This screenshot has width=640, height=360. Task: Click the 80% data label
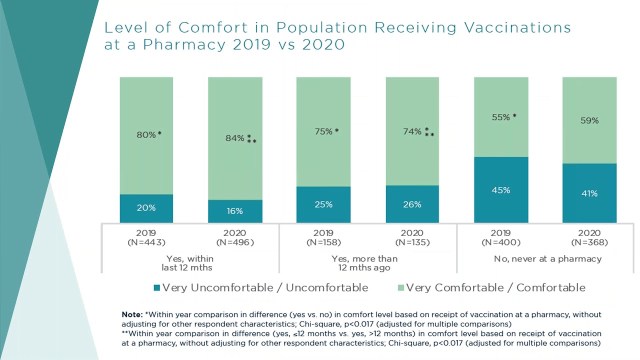pos(146,134)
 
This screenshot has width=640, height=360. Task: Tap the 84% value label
pos(235,138)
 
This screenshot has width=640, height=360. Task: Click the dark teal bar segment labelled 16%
pos(235,211)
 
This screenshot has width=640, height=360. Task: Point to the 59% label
pos(589,120)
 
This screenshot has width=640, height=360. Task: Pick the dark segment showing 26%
pos(412,204)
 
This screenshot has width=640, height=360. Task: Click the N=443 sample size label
pos(146,242)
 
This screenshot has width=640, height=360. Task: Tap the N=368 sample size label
pos(589,242)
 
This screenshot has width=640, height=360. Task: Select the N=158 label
pos(323,242)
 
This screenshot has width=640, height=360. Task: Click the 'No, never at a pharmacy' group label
pos(547,259)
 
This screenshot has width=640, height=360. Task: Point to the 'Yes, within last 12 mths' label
pos(189,263)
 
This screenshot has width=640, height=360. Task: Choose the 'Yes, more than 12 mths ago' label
pos(364,263)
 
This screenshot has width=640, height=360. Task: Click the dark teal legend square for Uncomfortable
pos(156,287)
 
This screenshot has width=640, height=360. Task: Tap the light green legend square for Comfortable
pos(400,287)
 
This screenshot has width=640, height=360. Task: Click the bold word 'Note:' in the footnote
pos(132,315)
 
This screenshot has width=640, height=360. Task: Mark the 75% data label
pos(323,131)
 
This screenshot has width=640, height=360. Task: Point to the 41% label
pos(589,193)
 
